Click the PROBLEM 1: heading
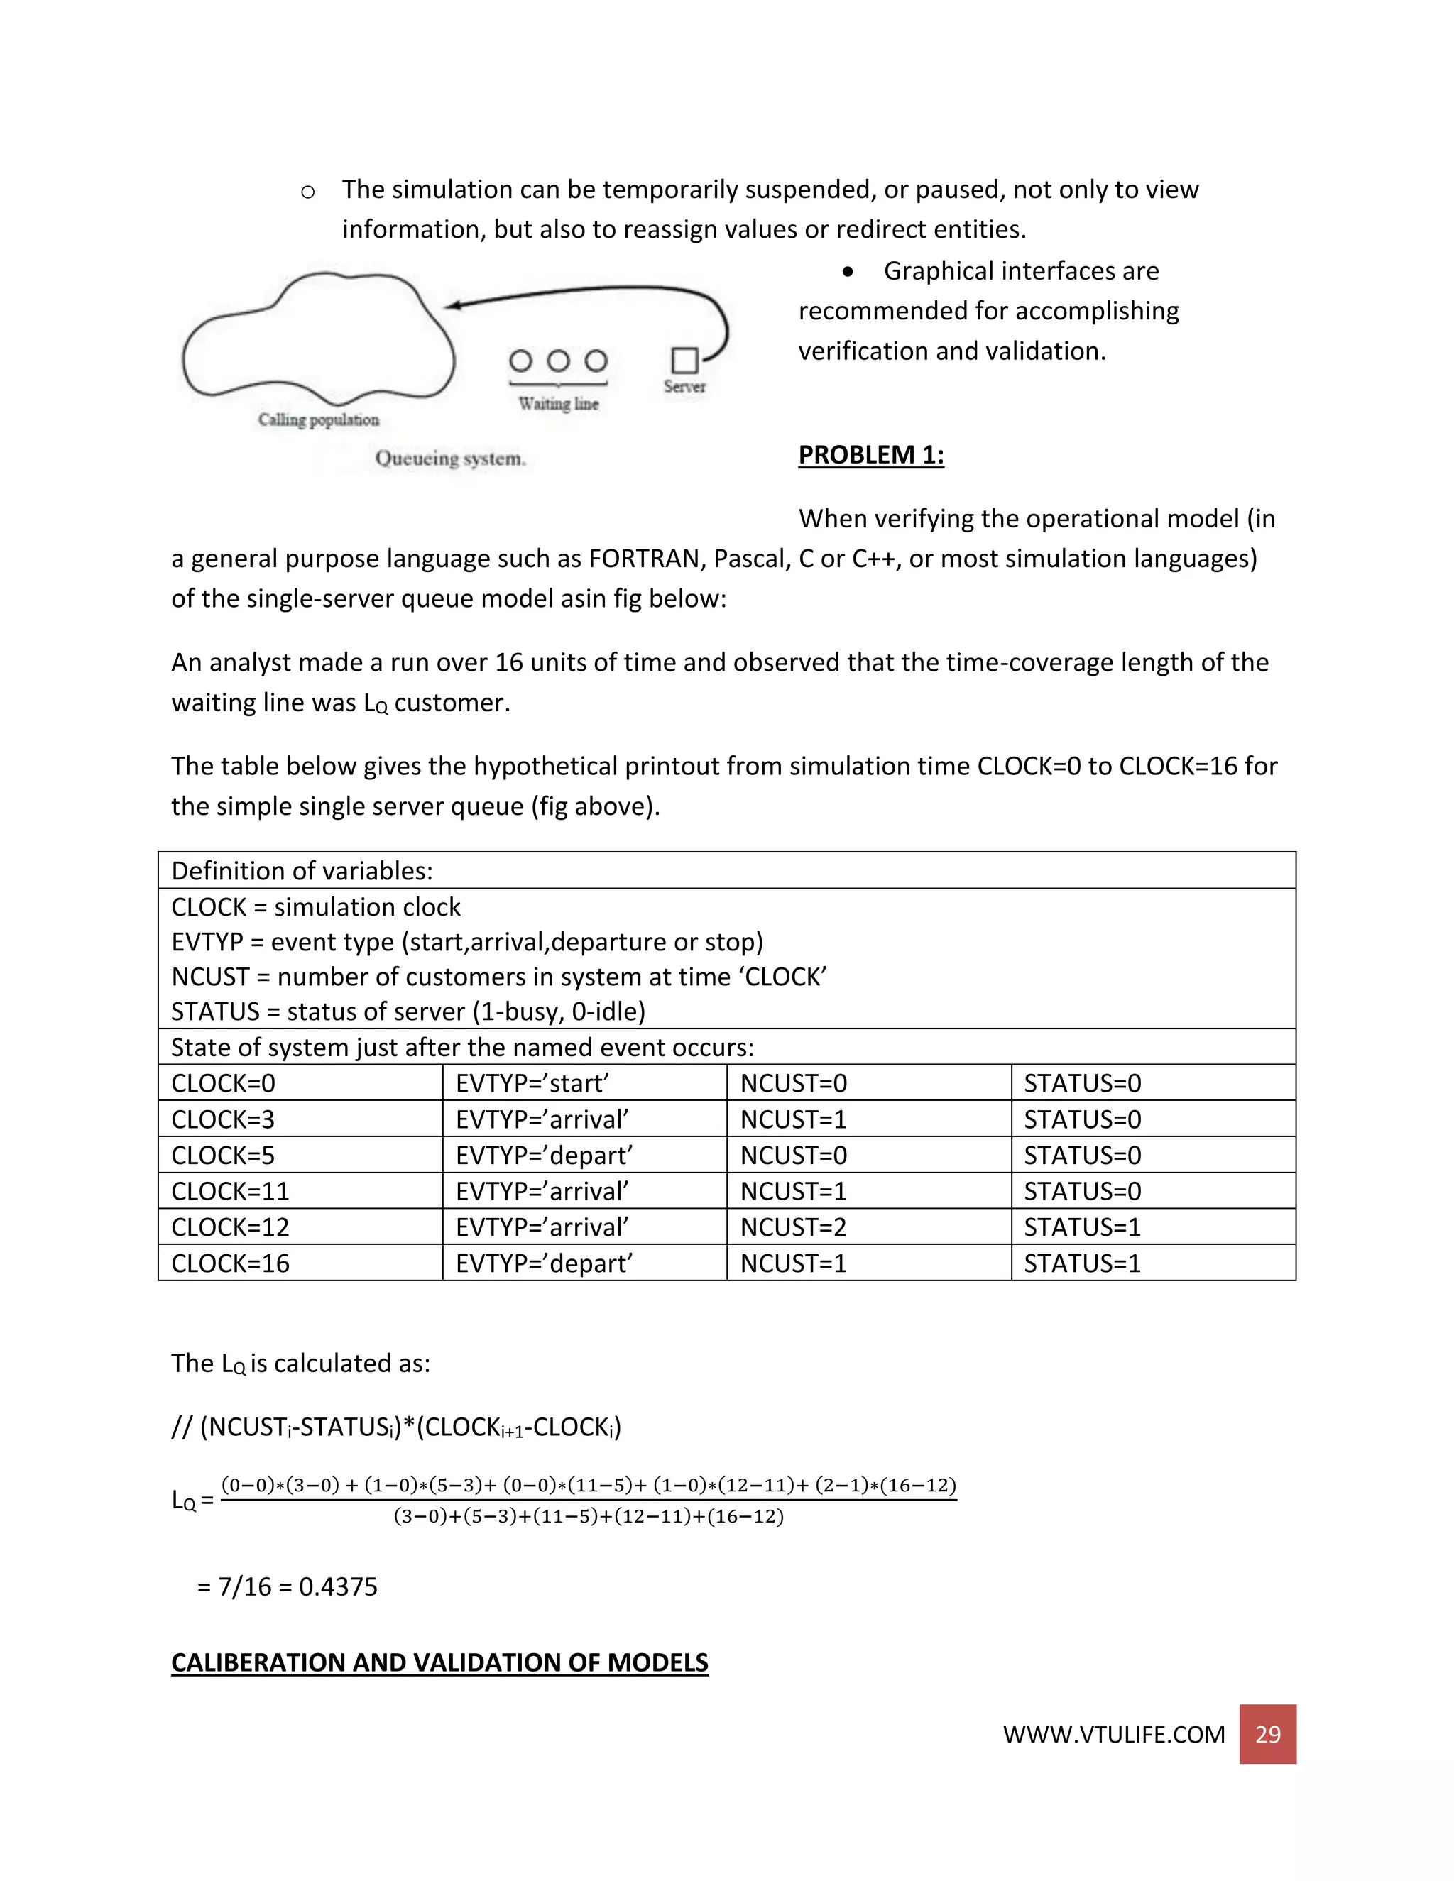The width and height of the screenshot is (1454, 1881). pyautogui.click(x=871, y=455)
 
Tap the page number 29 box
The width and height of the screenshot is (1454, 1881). pyautogui.click(x=1267, y=1734)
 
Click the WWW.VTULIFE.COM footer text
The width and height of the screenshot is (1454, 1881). pyautogui.click(x=1113, y=1735)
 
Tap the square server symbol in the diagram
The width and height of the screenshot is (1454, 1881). pyautogui.click(x=685, y=360)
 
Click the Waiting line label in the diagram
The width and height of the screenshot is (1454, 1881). pyautogui.click(x=558, y=404)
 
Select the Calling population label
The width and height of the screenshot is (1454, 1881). pyautogui.click(x=319, y=420)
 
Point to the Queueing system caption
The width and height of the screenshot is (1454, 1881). pyautogui.click(x=449, y=459)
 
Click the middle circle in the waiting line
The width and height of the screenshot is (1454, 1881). pyautogui.click(x=558, y=360)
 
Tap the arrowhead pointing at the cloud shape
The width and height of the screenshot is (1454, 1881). pyautogui.click(x=452, y=305)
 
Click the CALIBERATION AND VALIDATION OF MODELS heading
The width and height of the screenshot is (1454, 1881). pyautogui.click(x=439, y=1662)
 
